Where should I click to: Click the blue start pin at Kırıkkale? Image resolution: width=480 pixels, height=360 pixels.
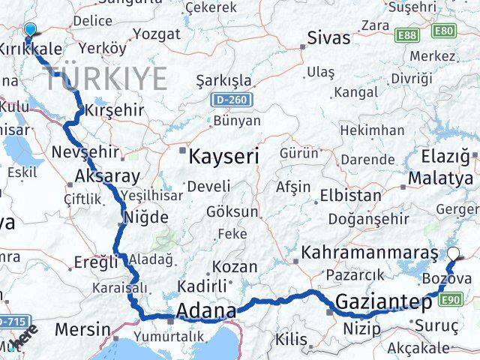(x=30, y=30)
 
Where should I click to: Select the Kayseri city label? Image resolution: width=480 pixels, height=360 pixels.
(x=223, y=157)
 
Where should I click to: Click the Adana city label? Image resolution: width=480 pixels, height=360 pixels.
(x=206, y=310)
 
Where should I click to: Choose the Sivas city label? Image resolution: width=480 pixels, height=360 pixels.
(x=330, y=38)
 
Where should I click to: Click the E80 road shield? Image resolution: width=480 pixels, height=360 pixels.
(x=445, y=31)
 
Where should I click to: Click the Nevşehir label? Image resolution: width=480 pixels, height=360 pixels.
(x=85, y=152)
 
